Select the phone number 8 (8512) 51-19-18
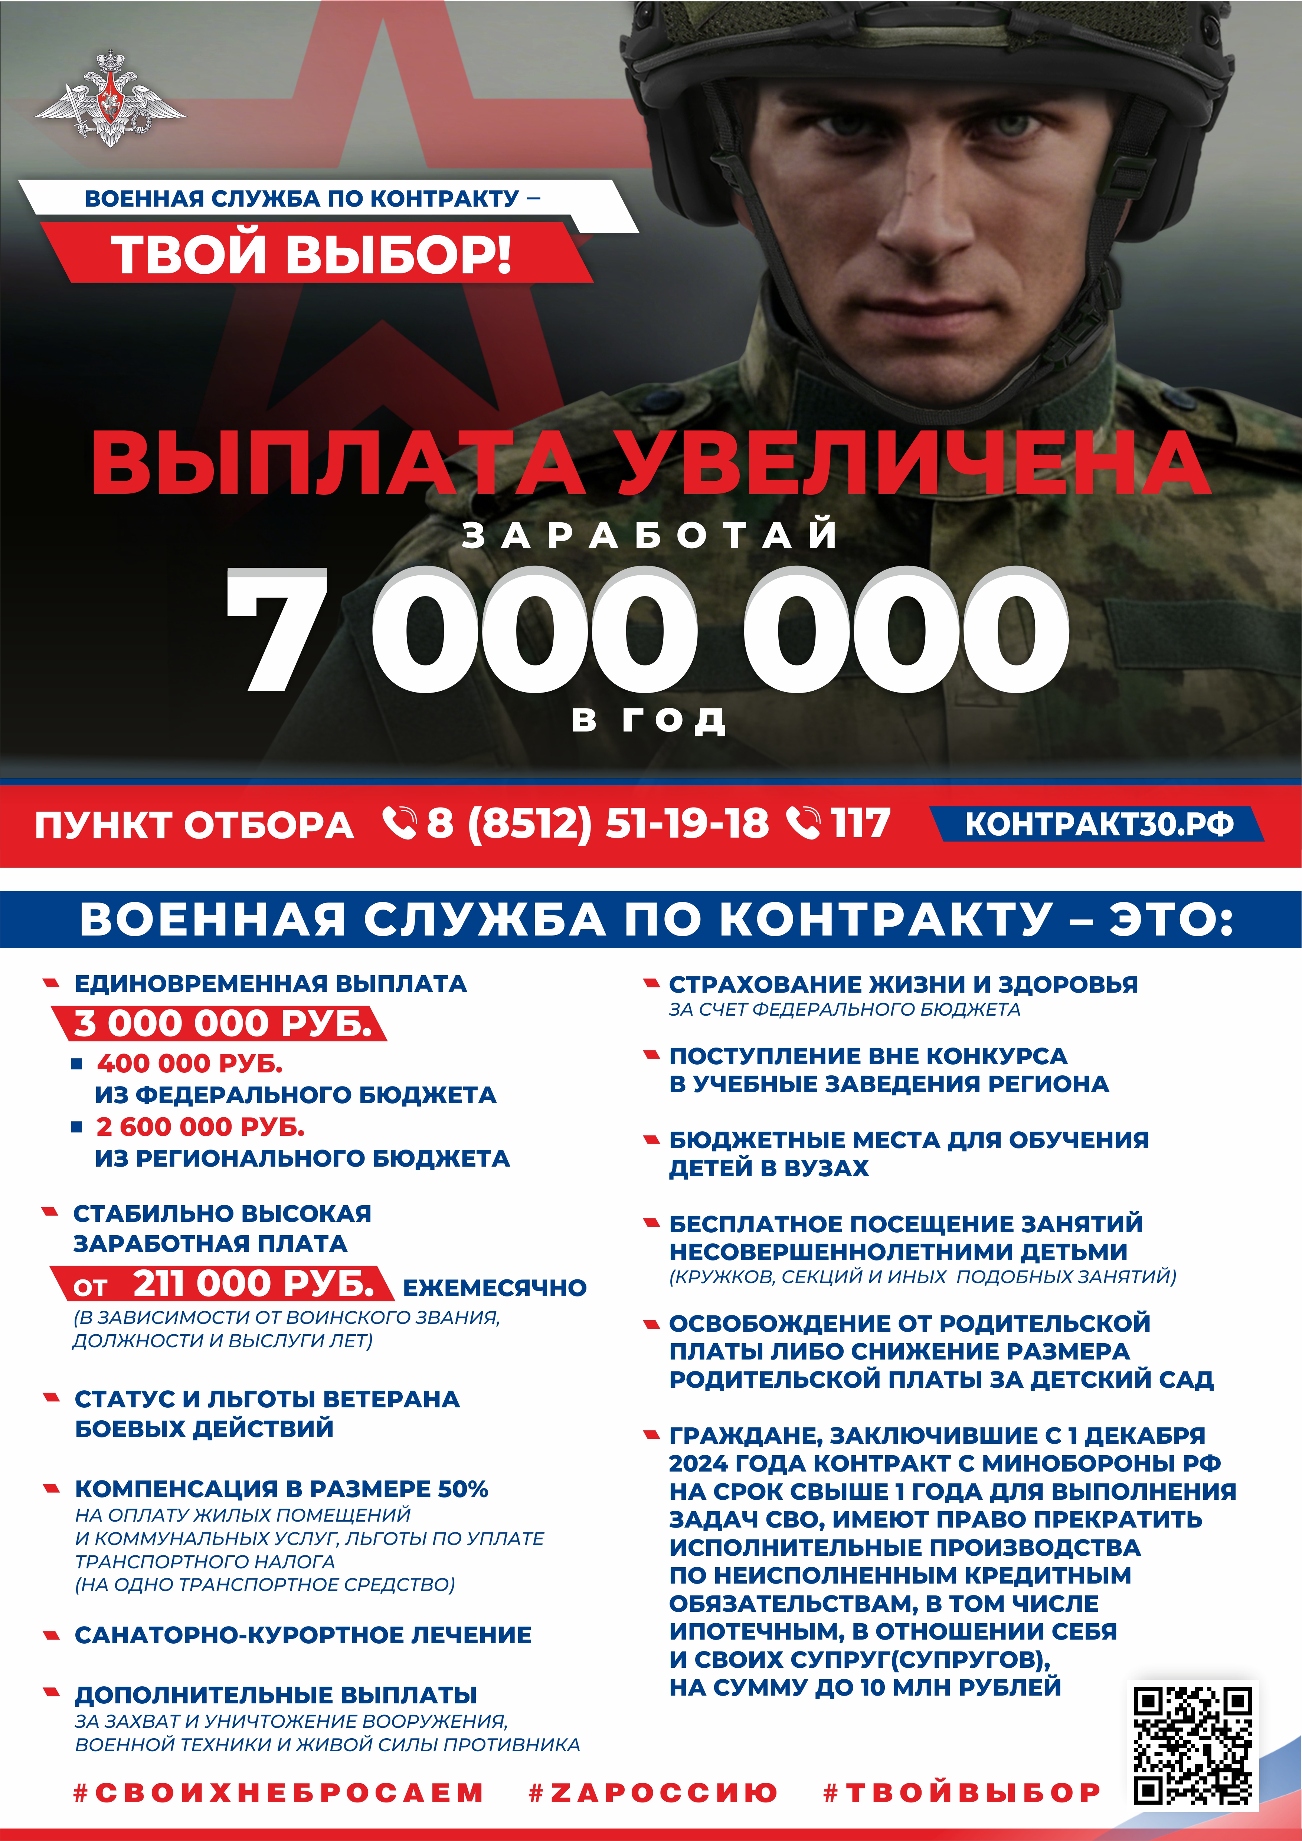point(597,823)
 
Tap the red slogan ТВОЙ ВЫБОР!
point(311,255)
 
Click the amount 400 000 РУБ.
point(189,1064)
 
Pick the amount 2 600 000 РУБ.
point(200,1127)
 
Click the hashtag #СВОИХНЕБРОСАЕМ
point(278,1792)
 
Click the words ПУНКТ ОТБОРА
point(194,825)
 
